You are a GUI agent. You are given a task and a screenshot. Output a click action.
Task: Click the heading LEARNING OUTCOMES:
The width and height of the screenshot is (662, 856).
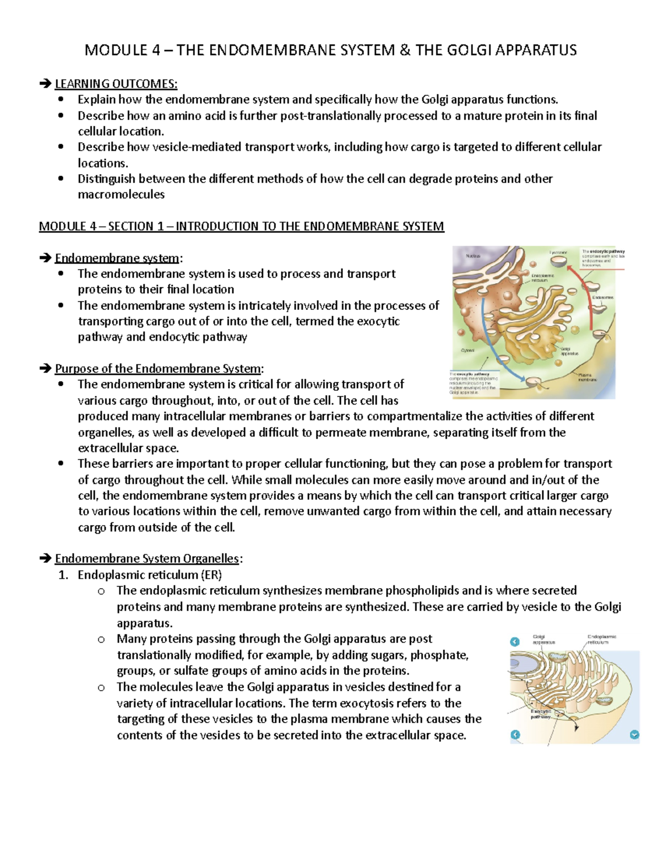[x=116, y=84]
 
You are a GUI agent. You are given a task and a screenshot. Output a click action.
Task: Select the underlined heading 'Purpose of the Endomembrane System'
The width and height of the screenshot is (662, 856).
[x=158, y=368]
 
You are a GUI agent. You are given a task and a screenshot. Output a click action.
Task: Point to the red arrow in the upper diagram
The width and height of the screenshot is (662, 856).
[x=586, y=298]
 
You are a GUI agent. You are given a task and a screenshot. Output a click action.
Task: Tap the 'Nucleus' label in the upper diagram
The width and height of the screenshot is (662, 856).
[x=473, y=256]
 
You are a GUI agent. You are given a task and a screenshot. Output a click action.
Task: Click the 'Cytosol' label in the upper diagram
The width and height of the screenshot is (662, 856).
[x=468, y=351]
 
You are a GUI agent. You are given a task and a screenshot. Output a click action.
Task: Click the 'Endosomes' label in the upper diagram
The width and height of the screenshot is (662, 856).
[x=602, y=297]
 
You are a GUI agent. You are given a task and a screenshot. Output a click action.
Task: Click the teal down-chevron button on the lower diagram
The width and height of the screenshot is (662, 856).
[x=634, y=735]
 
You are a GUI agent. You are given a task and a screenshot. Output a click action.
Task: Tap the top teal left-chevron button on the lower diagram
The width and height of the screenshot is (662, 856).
[x=515, y=642]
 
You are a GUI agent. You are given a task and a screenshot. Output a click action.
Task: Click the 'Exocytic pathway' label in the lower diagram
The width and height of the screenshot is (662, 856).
[x=541, y=714]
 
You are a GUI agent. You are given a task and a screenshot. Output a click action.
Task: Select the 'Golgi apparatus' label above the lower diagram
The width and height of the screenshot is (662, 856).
[x=543, y=639]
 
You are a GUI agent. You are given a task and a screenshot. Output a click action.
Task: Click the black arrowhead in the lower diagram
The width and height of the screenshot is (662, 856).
[x=576, y=728]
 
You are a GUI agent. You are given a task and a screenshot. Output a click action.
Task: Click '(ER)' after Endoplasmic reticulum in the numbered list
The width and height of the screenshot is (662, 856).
[x=211, y=575]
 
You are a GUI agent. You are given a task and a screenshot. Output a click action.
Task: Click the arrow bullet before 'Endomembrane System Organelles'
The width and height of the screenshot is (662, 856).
[x=45, y=559]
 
